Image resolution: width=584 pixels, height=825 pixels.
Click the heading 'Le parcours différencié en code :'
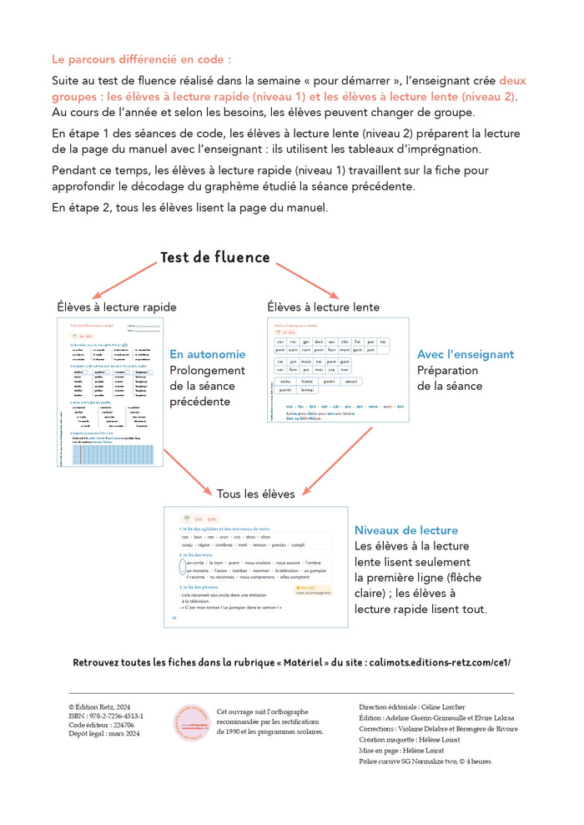tap(141, 59)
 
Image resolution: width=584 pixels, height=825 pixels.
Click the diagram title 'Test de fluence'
tap(215, 257)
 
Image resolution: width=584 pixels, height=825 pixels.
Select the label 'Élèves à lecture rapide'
tap(117, 307)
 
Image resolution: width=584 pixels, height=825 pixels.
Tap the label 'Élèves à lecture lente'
tap(323, 307)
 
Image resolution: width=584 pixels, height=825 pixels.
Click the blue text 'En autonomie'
tap(208, 354)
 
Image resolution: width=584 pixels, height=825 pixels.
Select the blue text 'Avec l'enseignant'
tap(466, 354)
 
